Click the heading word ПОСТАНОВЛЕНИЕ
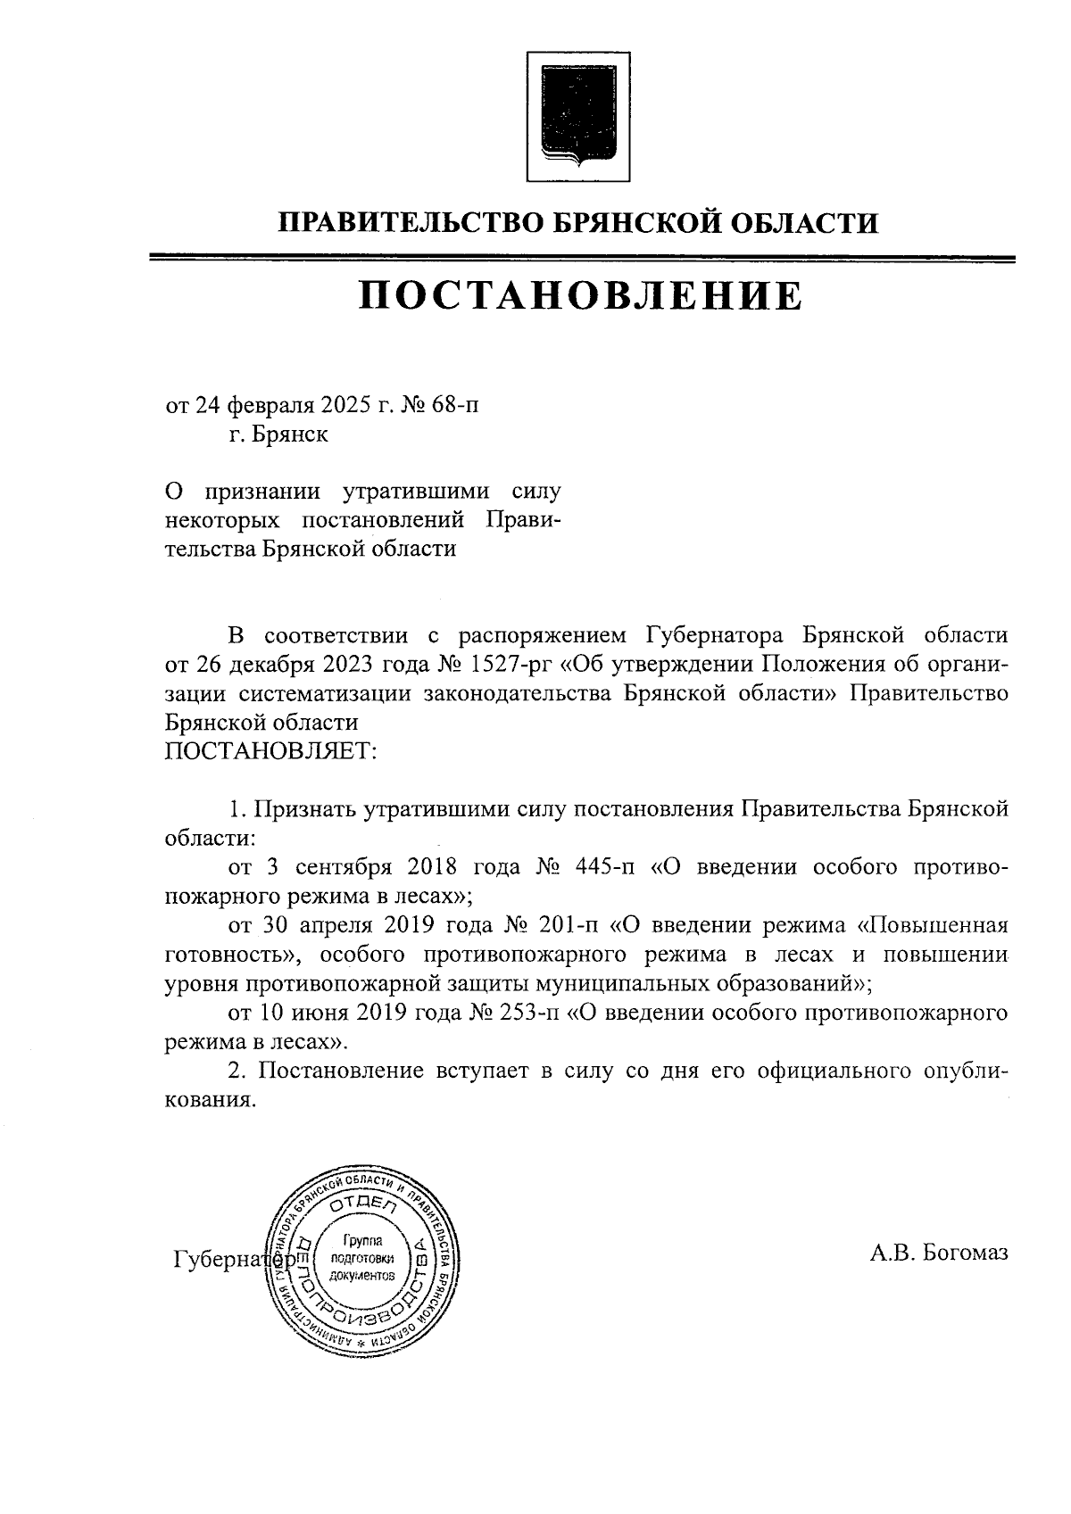click(x=580, y=296)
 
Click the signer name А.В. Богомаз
click(x=939, y=1253)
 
